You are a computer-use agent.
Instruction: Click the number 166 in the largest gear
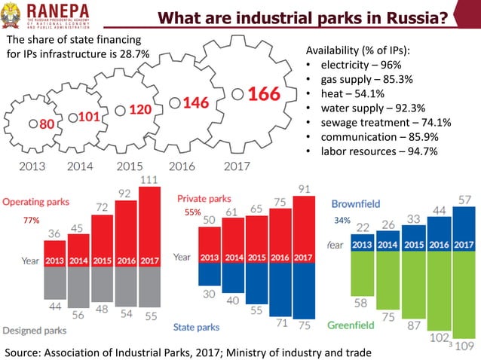click(x=263, y=94)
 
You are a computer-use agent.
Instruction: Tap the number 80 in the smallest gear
click(x=46, y=125)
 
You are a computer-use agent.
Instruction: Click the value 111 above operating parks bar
click(x=149, y=180)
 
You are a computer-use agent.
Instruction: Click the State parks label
click(x=196, y=327)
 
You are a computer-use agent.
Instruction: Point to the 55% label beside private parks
click(x=193, y=213)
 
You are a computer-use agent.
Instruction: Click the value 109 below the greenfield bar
click(x=465, y=346)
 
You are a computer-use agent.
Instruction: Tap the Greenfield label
click(x=351, y=326)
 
